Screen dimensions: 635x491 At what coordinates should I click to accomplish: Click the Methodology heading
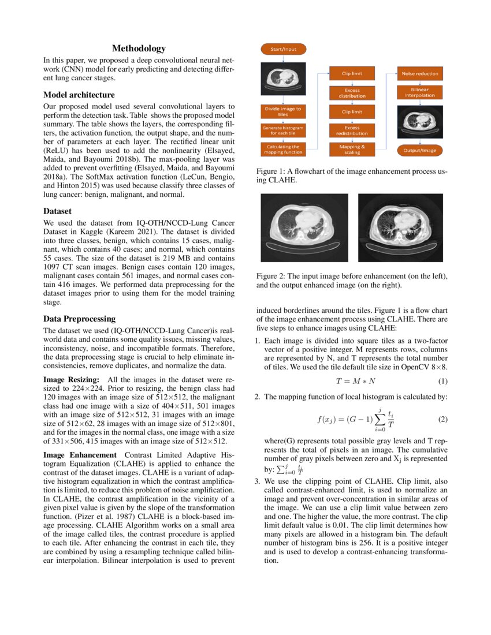(139, 48)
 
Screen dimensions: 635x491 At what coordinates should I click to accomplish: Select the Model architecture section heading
(79, 95)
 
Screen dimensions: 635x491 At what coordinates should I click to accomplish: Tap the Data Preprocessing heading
(80, 319)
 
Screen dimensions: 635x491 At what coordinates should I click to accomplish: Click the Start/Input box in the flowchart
(284, 50)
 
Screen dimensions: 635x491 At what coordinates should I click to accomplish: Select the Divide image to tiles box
(283, 111)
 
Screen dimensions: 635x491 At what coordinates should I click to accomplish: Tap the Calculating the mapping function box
(283, 150)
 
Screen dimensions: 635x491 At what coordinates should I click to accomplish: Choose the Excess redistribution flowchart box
(352, 130)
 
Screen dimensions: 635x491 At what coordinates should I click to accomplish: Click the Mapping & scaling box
(352, 150)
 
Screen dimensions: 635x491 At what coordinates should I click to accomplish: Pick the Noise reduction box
(420, 73)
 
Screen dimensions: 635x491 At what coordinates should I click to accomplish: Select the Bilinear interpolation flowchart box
(420, 93)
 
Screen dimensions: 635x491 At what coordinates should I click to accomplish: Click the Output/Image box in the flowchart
(420, 150)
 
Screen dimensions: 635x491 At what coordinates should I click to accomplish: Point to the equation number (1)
(442, 381)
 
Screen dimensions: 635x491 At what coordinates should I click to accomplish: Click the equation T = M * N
(355, 381)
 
